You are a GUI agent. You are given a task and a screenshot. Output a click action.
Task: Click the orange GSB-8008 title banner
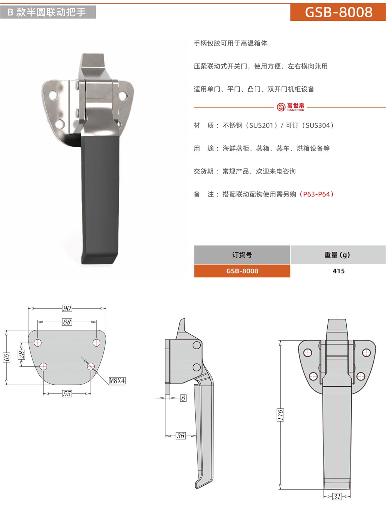338,12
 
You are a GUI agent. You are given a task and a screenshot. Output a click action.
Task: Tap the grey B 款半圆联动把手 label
48,12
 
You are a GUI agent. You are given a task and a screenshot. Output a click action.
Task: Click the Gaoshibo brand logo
290,107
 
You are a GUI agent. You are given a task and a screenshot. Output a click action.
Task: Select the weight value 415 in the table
339,271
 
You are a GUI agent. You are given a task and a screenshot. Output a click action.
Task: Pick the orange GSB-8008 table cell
242,271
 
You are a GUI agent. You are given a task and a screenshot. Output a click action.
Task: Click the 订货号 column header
242,255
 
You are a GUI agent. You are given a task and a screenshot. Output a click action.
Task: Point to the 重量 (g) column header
338,255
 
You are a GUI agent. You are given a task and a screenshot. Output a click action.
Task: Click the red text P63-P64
317,194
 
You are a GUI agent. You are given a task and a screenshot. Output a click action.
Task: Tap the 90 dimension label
67,308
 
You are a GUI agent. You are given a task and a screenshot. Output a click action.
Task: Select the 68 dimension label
67,322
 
